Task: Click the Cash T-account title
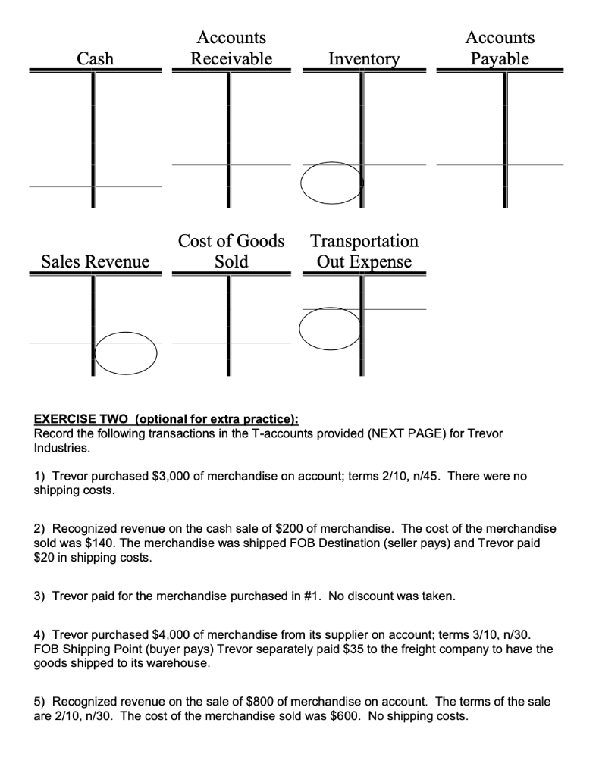coord(96,58)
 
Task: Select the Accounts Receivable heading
coord(231,48)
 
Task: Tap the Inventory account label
coord(363,58)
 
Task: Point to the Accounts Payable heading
coord(500,48)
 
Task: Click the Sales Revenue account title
coord(96,261)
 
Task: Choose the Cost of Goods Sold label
coord(231,251)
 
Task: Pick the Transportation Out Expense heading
coord(364,251)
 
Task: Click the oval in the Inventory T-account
coord(331,183)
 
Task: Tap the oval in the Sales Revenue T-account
coord(124,353)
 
